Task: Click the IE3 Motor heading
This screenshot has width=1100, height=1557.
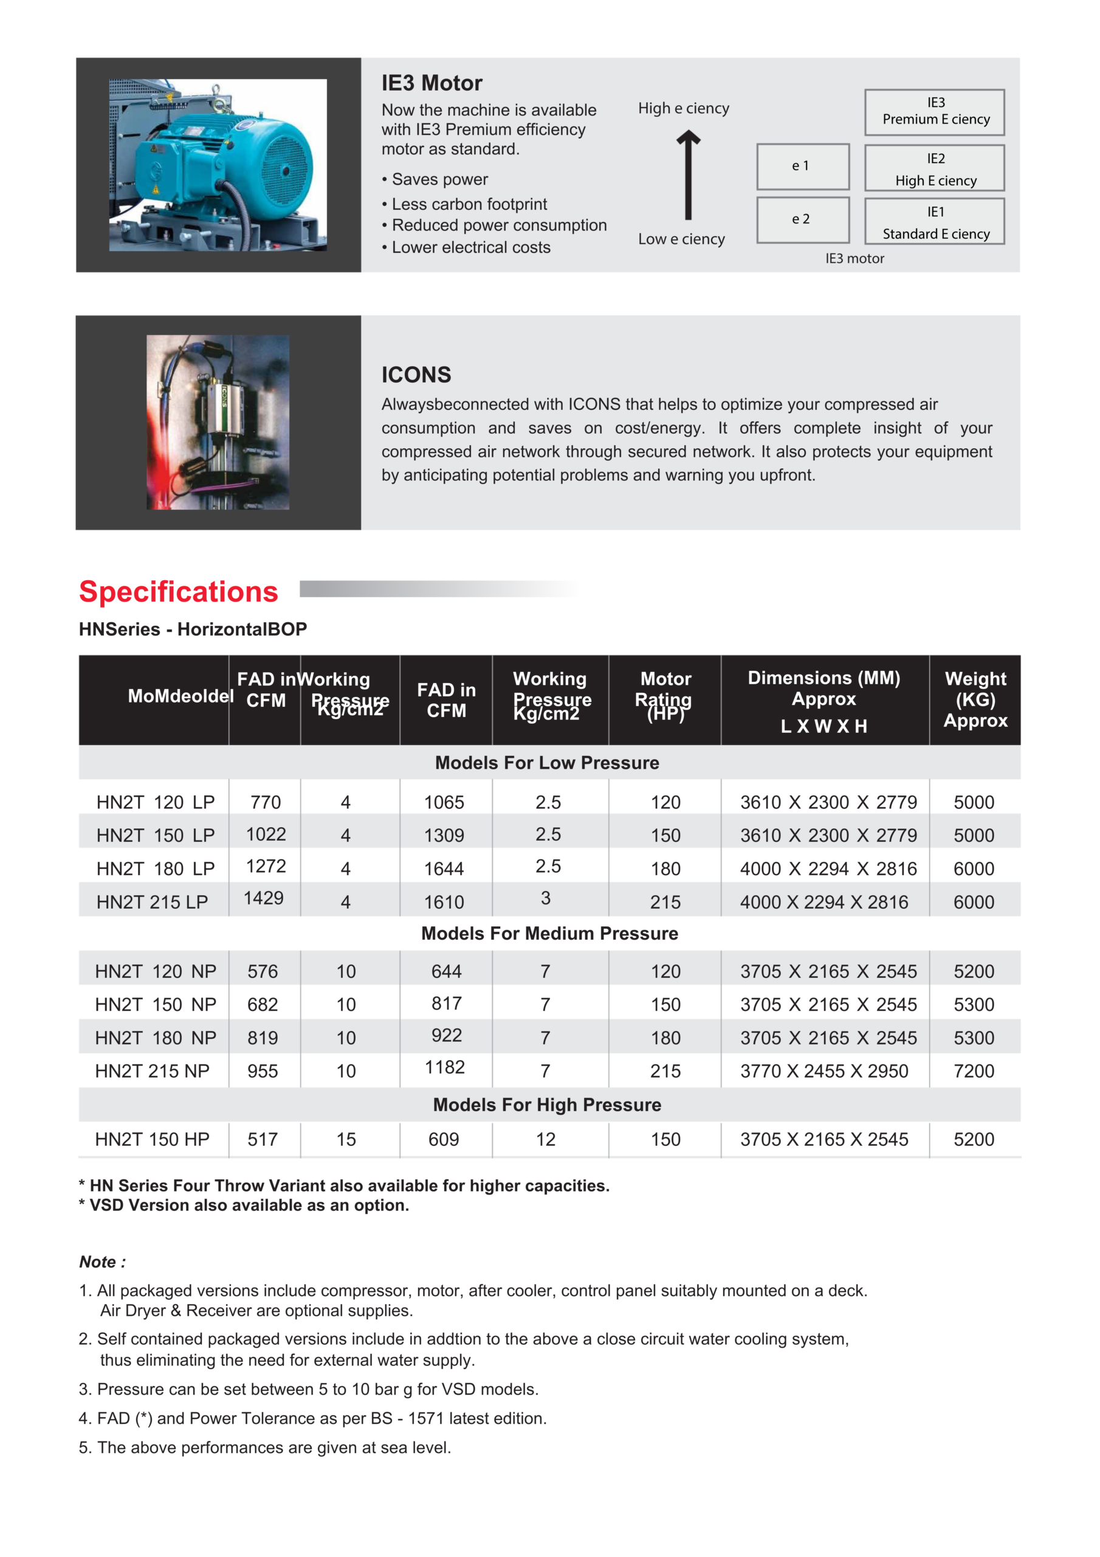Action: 431,83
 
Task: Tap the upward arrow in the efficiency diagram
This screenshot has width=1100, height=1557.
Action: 688,175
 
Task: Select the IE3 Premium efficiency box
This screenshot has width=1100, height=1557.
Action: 935,112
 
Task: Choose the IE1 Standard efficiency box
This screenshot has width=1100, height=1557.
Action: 935,222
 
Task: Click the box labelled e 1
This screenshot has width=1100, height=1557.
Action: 802,166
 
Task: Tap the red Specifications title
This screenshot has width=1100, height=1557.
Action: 178,591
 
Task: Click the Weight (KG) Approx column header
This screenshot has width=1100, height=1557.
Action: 975,699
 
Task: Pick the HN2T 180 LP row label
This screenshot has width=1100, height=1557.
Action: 155,869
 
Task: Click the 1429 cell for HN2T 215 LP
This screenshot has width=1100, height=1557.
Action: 264,898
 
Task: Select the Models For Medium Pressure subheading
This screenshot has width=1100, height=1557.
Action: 549,934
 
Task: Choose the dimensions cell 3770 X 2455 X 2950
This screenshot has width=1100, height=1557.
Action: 823,1072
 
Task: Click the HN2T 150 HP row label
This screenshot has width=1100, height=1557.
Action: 152,1139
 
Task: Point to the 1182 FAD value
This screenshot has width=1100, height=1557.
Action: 445,1067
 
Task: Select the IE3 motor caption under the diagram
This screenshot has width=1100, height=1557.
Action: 854,258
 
